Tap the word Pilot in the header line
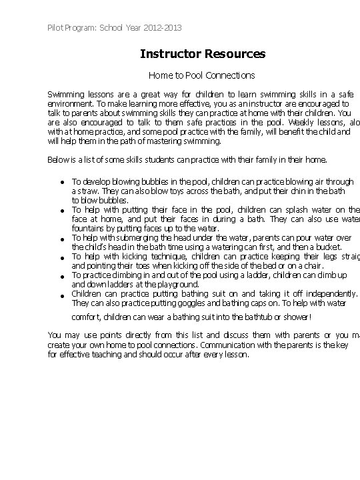click(56, 28)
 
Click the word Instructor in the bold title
click(170, 53)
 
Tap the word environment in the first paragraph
click(69, 104)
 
